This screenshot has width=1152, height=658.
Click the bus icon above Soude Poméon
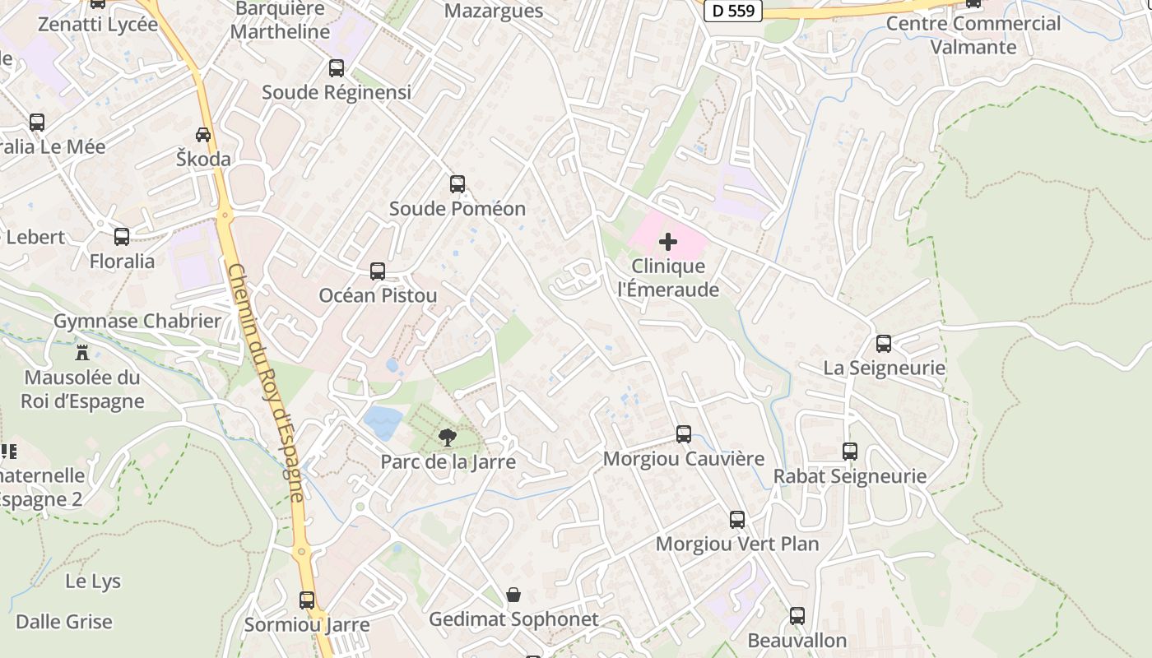(x=458, y=184)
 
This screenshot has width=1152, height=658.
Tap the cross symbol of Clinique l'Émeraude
(x=668, y=242)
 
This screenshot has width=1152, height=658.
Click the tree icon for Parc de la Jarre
(x=448, y=438)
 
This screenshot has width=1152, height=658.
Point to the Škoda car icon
(x=203, y=134)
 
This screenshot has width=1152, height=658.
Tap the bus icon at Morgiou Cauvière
(x=684, y=434)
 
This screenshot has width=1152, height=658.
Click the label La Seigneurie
(x=885, y=368)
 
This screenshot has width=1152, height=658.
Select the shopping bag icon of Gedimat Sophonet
(x=513, y=595)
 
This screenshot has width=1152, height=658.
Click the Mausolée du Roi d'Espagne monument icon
(x=82, y=353)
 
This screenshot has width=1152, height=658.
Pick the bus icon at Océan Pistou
(x=378, y=271)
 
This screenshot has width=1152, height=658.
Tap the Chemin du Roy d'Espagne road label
(x=265, y=382)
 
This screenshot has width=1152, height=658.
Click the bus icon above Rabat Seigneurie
(x=850, y=452)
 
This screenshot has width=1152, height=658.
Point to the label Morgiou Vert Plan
(x=737, y=544)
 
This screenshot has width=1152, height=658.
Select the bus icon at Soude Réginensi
(x=336, y=68)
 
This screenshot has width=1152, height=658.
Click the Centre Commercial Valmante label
(x=973, y=35)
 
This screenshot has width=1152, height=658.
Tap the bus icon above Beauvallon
(x=797, y=616)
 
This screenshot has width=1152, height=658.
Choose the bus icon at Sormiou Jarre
(x=307, y=600)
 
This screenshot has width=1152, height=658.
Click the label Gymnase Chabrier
(x=137, y=321)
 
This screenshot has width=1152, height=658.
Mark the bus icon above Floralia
(x=122, y=237)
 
